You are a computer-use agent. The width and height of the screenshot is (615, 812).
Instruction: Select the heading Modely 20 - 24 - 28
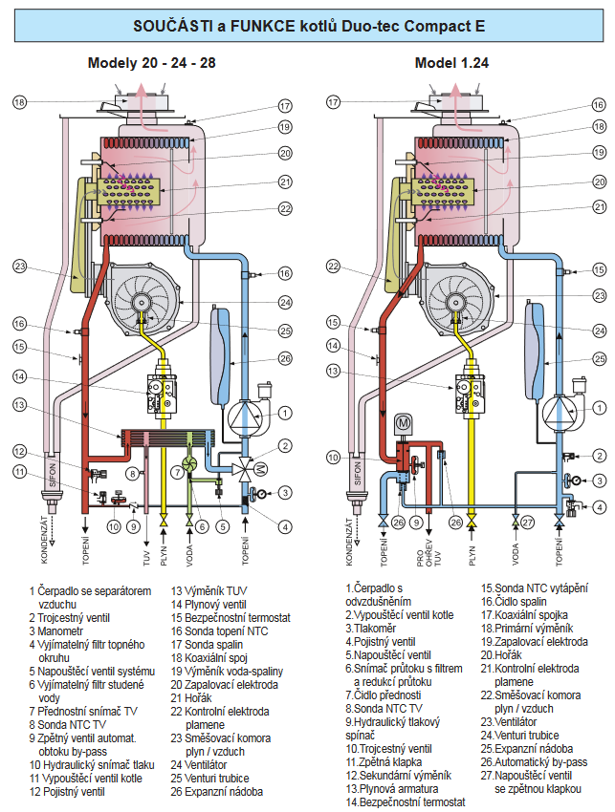pyautogui.click(x=151, y=63)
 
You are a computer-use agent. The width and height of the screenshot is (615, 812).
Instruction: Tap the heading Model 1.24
pyautogui.click(x=451, y=63)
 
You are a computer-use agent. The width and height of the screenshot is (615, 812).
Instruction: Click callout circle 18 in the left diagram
pyautogui.click(x=20, y=102)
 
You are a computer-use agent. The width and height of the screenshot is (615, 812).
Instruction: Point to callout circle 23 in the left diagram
pyautogui.click(x=20, y=267)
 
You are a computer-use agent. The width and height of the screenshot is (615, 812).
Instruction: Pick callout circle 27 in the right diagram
pyautogui.click(x=527, y=522)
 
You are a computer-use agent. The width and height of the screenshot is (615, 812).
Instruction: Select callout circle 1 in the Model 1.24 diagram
pyautogui.click(x=600, y=408)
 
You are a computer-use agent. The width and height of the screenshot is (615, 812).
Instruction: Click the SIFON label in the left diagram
pyautogui.click(x=52, y=475)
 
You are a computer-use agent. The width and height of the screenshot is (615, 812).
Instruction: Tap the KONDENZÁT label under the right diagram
pyautogui.click(x=349, y=541)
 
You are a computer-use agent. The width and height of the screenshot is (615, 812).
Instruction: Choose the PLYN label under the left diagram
pyautogui.click(x=164, y=556)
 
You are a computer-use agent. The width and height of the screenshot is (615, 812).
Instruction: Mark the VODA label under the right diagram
pyautogui.click(x=516, y=554)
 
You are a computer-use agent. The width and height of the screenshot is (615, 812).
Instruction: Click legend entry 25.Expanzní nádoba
pyautogui.click(x=527, y=749)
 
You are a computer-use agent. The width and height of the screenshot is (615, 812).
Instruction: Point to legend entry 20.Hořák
pyautogui.click(x=501, y=655)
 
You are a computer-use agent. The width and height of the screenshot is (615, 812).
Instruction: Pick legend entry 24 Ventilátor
pyautogui.click(x=199, y=765)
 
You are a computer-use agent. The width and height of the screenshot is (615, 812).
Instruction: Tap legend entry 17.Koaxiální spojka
pyautogui.click(x=524, y=614)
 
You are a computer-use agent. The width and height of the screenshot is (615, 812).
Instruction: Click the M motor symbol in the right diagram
pyautogui.click(x=403, y=423)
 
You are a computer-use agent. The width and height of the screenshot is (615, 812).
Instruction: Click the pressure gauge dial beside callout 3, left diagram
pyautogui.click(x=261, y=493)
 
